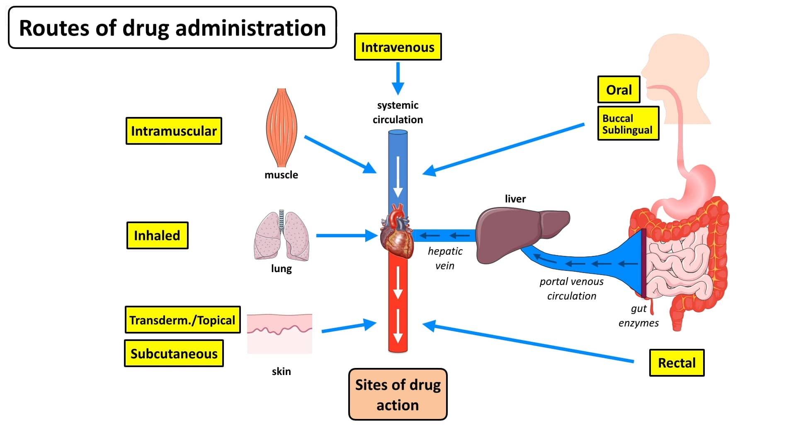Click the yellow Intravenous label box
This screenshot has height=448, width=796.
pyautogui.click(x=398, y=47)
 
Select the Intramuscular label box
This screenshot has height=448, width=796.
pyautogui.click(x=174, y=131)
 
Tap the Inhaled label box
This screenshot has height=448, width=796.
pyautogui.click(x=157, y=236)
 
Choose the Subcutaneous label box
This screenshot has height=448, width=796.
pyautogui.click(x=174, y=353)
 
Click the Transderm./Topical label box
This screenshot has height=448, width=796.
pyautogui.click(x=182, y=320)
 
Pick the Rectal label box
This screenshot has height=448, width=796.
pyautogui.click(x=677, y=363)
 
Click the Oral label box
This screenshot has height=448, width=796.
pyautogui.click(x=619, y=90)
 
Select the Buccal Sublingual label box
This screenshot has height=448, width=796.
pyautogui.click(x=628, y=124)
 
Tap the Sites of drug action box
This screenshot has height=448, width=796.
pyautogui.click(x=398, y=394)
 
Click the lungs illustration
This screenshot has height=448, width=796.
pyautogui.click(x=282, y=236)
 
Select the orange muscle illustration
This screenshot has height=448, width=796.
pyautogui.click(x=282, y=127)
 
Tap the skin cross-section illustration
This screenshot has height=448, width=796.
pyautogui.click(x=279, y=334)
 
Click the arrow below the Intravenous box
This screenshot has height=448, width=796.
pyautogui.click(x=398, y=79)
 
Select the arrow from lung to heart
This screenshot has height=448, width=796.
pyautogui.click(x=346, y=236)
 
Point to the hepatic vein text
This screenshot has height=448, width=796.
pyautogui.click(x=445, y=258)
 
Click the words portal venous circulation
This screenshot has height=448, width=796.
pyautogui.click(x=571, y=289)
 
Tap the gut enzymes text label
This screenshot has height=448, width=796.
pyautogui.click(x=638, y=316)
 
